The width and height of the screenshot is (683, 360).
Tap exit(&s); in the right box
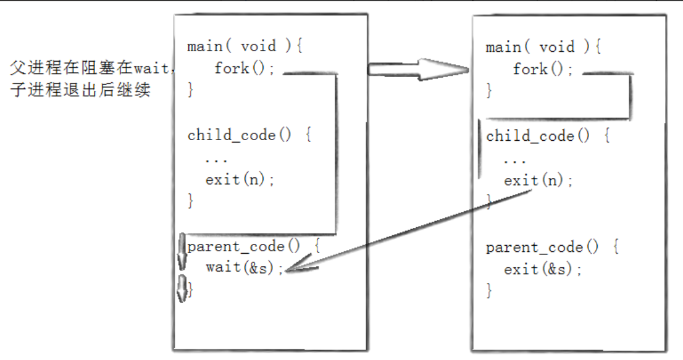[x=543, y=269]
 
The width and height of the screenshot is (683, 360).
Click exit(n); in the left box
[x=240, y=180]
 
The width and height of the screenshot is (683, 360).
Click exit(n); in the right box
[x=538, y=181]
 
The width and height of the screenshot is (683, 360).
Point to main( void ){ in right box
[x=544, y=48]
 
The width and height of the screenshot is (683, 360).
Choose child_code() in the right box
[x=538, y=136]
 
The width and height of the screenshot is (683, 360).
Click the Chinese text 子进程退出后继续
[x=81, y=90]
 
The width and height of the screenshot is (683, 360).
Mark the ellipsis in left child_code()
[x=216, y=159]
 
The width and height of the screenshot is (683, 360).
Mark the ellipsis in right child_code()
[x=514, y=159]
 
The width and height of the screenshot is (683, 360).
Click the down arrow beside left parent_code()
[x=182, y=253]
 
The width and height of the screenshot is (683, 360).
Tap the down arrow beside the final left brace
[x=182, y=289]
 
